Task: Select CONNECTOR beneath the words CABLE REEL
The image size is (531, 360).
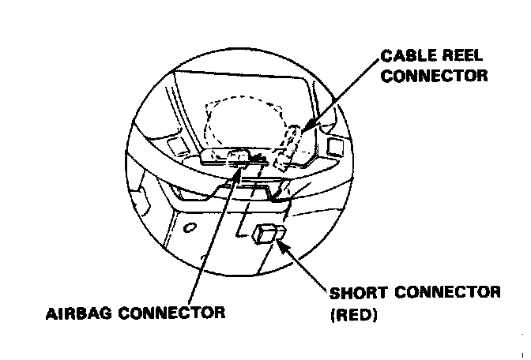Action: coord(433,77)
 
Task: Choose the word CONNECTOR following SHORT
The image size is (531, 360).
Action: coord(451,293)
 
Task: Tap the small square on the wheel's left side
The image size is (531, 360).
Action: coord(175,145)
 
